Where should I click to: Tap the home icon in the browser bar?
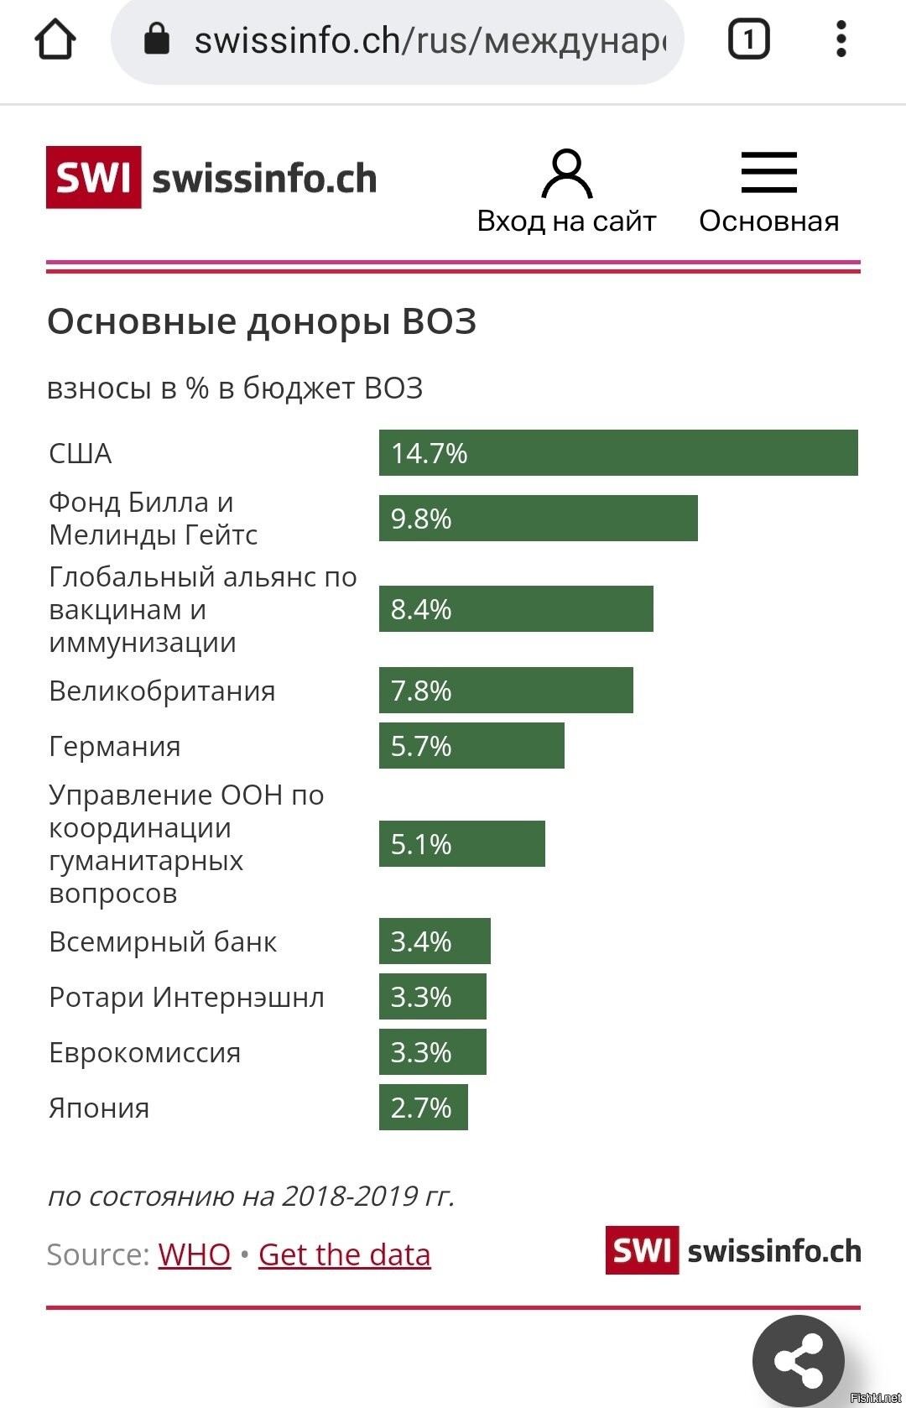(x=55, y=39)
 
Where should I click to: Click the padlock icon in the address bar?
(x=157, y=39)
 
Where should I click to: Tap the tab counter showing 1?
(x=748, y=39)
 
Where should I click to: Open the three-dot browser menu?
(x=841, y=39)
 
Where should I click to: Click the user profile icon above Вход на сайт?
(x=567, y=174)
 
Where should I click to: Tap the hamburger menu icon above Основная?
(x=768, y=172)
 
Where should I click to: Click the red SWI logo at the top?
(x=93, y=177)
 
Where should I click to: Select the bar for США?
(x=618, y=453)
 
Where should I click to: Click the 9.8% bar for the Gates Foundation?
(x=538, y=519)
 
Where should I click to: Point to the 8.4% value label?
(x=421, y=609)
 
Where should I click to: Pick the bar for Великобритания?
(x=506, y=691)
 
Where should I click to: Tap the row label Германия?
(x=115, y=746)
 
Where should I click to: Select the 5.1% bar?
(x=462, y=844)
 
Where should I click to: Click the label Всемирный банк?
(x=163, y=941)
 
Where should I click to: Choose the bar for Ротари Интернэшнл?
(x=433, y=997)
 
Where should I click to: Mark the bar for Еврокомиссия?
(x=433, y=1052)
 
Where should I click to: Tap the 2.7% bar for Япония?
(x=424, y=1108)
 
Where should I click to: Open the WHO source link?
(x=194, y=1254)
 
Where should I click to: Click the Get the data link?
(x=344, y=1254)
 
